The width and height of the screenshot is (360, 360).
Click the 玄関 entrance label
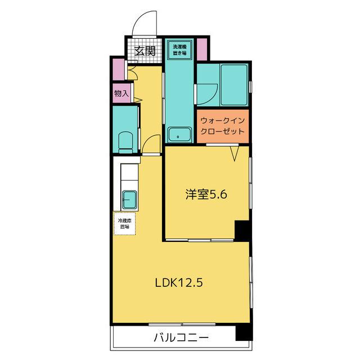[145, 51]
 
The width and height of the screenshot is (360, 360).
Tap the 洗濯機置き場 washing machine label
[180, 49]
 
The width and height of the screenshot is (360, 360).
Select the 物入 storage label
[121, 93]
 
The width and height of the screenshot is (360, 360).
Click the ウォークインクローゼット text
[222, 125]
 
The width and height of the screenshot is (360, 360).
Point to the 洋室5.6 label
[207, 195]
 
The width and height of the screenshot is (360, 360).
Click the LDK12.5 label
[178, 283]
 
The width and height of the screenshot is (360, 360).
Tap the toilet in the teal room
[126, 141]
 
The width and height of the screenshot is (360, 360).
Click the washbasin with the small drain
[179, 136]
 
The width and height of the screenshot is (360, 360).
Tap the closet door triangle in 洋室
[236, 152]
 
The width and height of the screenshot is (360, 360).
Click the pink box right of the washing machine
[202, 49]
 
